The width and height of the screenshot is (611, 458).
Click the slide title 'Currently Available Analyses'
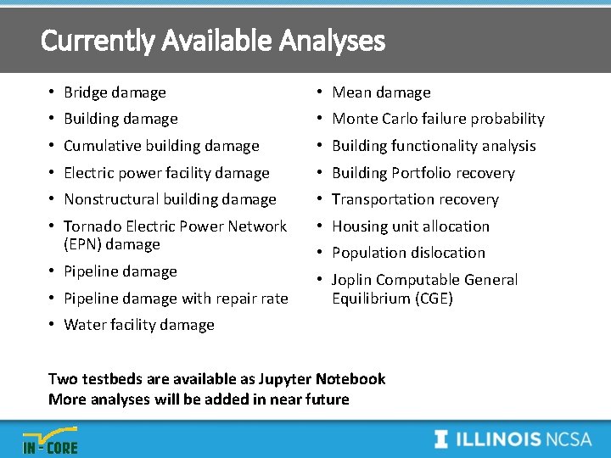(212, 40)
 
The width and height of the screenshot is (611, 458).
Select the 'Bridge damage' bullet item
(115, 92)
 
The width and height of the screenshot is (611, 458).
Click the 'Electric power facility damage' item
(166, 173)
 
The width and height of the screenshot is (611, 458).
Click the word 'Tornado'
(90, 226)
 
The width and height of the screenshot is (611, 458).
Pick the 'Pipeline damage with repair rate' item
(176, 299)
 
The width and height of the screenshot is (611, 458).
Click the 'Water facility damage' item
(139, 325)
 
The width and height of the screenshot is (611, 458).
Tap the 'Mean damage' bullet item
(381, 92)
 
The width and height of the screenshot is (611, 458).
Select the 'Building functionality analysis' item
(434, 146)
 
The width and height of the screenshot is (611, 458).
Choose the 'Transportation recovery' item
(415, 199)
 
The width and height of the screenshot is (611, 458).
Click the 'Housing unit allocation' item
(411, 226)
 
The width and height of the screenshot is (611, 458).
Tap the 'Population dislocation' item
(408, 253)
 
